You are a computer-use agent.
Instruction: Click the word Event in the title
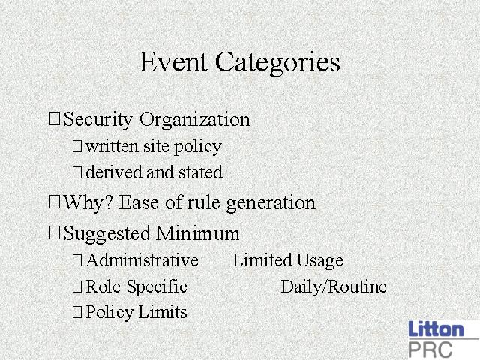point(173,61)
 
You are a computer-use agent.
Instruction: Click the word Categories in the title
point(277,63)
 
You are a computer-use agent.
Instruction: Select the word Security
point(98,120)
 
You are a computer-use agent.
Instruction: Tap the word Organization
point(195,120)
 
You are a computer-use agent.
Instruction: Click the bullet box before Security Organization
point(55,118)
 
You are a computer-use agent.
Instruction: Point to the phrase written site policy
point(154,147)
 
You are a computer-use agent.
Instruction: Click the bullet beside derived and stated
point(77,172)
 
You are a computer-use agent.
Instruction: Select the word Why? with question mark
point(88,203)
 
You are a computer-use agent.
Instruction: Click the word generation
point(271,203)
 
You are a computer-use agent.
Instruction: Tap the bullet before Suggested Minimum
point(55,232)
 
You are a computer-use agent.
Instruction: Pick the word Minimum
point(197,233)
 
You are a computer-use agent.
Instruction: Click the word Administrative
point(142,260)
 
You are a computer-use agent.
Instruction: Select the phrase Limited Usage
point(288,261)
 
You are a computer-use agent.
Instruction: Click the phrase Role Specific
point(136,286)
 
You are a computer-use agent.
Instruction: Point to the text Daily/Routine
point(334,286)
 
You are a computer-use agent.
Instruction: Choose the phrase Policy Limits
point(136,313)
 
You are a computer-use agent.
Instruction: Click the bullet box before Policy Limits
point(77,312)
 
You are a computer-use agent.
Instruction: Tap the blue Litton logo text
point(436,328)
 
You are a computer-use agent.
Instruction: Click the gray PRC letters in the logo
point(430,349)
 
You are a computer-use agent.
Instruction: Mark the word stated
point(200,172)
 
